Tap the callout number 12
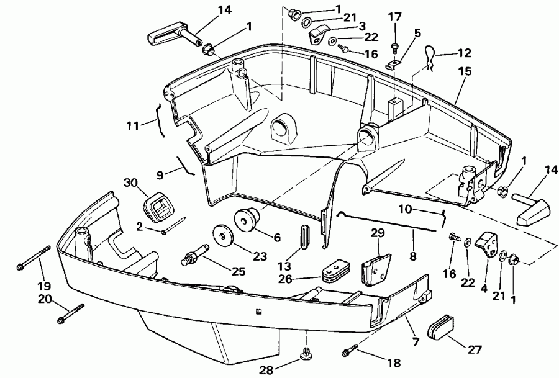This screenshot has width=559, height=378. [x=465, y=53]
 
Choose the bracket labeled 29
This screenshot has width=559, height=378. [x=376, y=266]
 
